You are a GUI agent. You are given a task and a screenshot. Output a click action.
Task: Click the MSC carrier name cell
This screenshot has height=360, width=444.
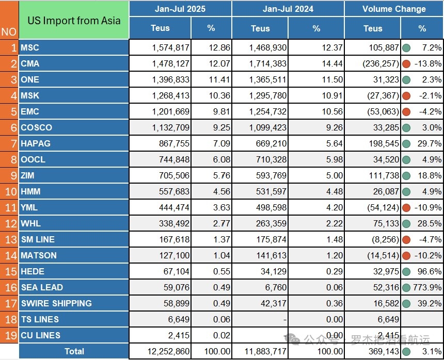point(30,48)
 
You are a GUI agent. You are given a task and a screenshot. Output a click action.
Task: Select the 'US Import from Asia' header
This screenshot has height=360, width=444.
point(73,21)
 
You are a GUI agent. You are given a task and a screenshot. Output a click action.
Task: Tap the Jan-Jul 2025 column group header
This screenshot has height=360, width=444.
point(180,9)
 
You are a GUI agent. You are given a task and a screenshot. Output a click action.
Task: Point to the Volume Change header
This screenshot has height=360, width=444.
point(394,9)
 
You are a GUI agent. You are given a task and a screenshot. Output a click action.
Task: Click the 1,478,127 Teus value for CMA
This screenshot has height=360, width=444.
point(171,64)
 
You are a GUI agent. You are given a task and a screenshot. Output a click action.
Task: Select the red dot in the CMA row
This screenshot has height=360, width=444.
point(406,64)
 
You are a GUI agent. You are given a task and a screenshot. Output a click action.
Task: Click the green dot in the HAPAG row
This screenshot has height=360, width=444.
point(406,143)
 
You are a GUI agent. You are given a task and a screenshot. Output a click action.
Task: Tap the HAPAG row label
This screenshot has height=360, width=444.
point(36,143)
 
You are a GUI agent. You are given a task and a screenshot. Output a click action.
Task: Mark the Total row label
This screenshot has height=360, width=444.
point(74,351)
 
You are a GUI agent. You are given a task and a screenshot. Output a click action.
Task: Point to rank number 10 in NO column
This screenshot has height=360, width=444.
point(9,191)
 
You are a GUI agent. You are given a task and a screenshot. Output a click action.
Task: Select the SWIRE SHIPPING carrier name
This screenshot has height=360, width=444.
point(56,303)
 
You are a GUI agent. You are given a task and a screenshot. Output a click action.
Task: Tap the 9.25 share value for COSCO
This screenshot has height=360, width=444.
point(219,127)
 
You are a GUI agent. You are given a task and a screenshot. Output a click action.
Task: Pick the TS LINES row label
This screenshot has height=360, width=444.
point(40,319)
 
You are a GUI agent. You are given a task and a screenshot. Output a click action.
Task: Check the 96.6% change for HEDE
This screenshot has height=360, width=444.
point(430,271)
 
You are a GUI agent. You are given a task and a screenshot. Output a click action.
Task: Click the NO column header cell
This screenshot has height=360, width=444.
point(9,31)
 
